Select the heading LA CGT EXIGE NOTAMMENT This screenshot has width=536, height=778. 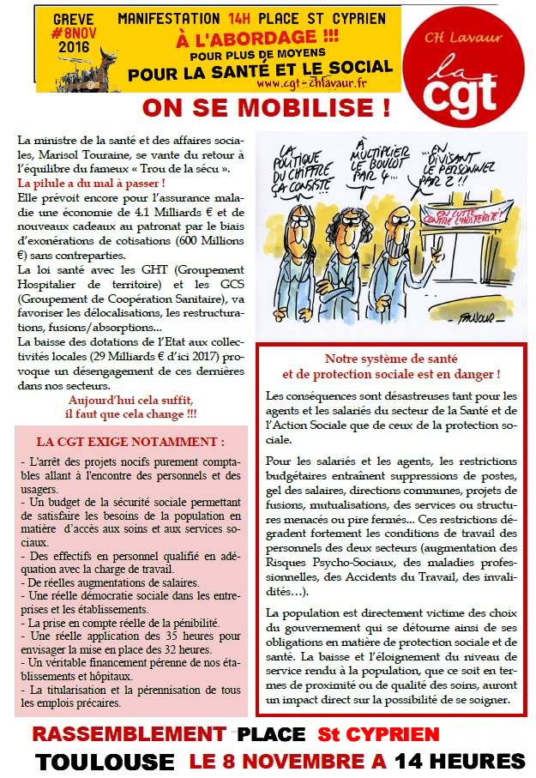coord(130,443)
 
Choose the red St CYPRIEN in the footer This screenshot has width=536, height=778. coord(378,734)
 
